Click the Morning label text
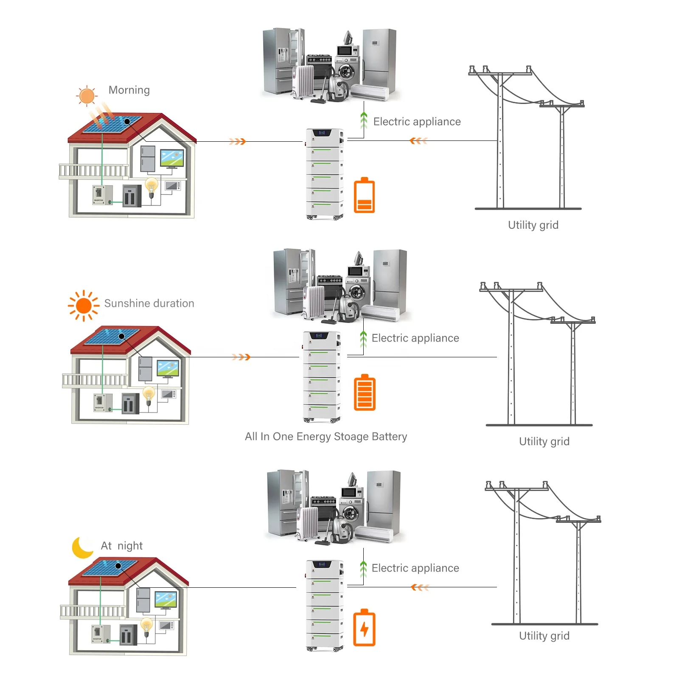[x=129, y=90]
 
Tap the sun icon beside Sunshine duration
[x=84, y=306]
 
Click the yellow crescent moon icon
[x=82, y=547]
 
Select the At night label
[x=122, y=546]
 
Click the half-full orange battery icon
[x=364, y=195]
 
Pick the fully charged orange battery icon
[x=365, y=393]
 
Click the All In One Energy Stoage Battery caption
[x=326, y=436]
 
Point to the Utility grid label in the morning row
[x=533, y=225]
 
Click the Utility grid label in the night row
[x=544, y=636]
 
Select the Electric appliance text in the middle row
[x=415, y=338]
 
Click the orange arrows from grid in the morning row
[x=418, y=141]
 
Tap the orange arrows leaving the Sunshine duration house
[x=241, y=357]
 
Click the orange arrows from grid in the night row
[x=420, y=587]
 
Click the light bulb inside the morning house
[x=152, y=186]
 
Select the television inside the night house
[x=166, y=600]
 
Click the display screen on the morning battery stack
[x=322, y=133]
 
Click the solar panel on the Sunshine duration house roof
[x=112, y=337]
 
